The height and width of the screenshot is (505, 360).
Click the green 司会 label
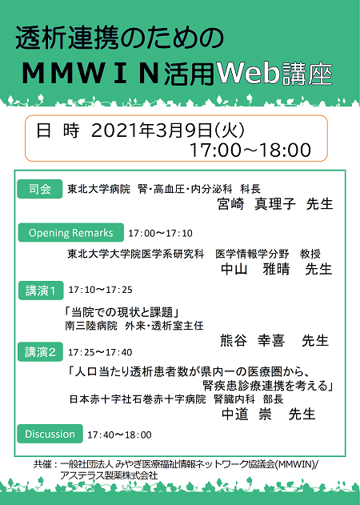40,189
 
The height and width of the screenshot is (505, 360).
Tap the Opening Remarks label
71,233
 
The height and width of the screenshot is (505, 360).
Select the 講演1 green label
41,291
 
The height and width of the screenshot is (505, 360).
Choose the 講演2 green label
40,352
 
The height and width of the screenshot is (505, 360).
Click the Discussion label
50,434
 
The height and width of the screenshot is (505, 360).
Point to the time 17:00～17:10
160,233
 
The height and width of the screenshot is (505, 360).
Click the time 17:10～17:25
100,290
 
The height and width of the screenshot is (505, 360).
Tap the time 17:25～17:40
100,352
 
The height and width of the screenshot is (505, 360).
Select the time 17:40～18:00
119,435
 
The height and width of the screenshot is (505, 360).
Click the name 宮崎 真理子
256,204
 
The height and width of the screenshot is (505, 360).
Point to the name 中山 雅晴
255,269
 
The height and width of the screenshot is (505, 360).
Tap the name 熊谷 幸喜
253,340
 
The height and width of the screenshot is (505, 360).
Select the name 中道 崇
246,415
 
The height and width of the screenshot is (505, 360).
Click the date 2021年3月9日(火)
168,130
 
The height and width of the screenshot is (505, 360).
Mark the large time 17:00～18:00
250,150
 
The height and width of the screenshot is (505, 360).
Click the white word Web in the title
249,73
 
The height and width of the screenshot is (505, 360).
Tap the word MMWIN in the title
90,74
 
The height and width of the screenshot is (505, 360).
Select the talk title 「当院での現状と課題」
122,312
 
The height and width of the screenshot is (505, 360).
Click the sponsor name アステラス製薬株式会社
109,475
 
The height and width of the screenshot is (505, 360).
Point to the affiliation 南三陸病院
91,326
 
